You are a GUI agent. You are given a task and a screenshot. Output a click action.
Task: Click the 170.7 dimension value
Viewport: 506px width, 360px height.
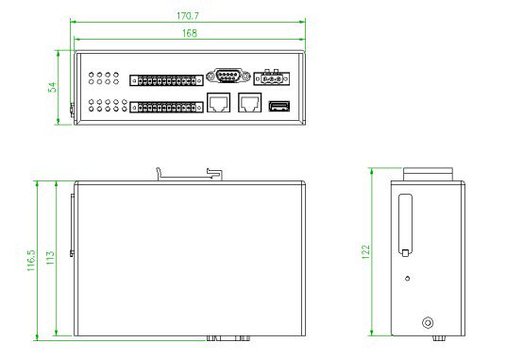coord(188,16)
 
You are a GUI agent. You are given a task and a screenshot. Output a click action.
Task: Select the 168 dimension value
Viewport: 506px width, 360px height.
coord(190,33)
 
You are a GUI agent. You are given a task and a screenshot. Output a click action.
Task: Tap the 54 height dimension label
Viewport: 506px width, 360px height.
coord(52,87)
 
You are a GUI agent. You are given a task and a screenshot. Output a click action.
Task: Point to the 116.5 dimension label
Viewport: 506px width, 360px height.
coord(31,260)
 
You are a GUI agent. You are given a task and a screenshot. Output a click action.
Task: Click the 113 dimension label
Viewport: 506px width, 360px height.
coord(50,258)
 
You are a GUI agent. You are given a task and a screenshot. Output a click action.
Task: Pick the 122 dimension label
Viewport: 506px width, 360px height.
coord(365,252)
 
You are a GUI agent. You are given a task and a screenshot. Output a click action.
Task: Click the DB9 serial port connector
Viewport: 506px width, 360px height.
coord(228,77)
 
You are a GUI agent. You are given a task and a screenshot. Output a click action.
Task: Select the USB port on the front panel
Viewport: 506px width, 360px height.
coord(279,106)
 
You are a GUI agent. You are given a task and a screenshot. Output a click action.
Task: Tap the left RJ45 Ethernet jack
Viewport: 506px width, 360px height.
coord(218,102)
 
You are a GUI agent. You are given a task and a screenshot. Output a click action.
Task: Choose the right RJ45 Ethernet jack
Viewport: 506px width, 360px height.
coord(250,102)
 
